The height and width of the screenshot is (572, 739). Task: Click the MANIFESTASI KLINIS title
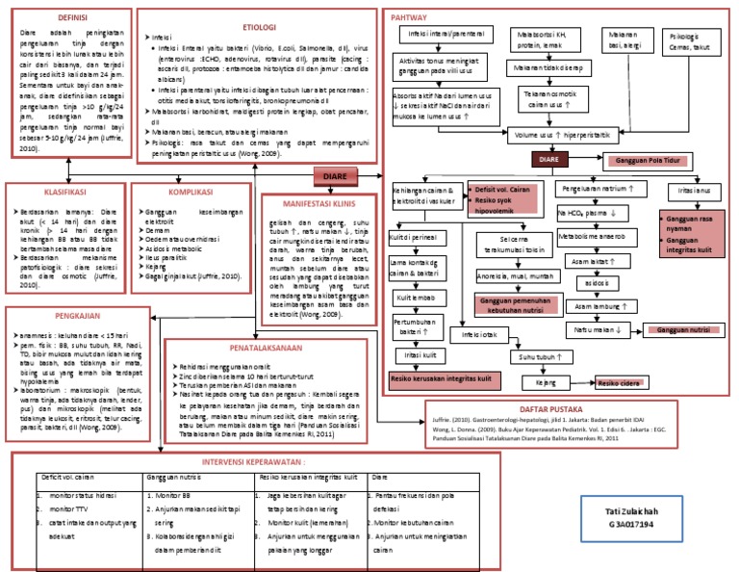coord(319,204)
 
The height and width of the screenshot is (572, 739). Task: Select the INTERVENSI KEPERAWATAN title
coord(261,461)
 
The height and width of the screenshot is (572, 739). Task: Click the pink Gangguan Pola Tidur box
coord(649,158)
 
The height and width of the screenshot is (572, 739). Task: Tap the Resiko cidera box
coord(620,382)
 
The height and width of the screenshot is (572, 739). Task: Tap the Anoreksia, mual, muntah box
coord(516,276)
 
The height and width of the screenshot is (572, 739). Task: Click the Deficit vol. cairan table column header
coord(67,477)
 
